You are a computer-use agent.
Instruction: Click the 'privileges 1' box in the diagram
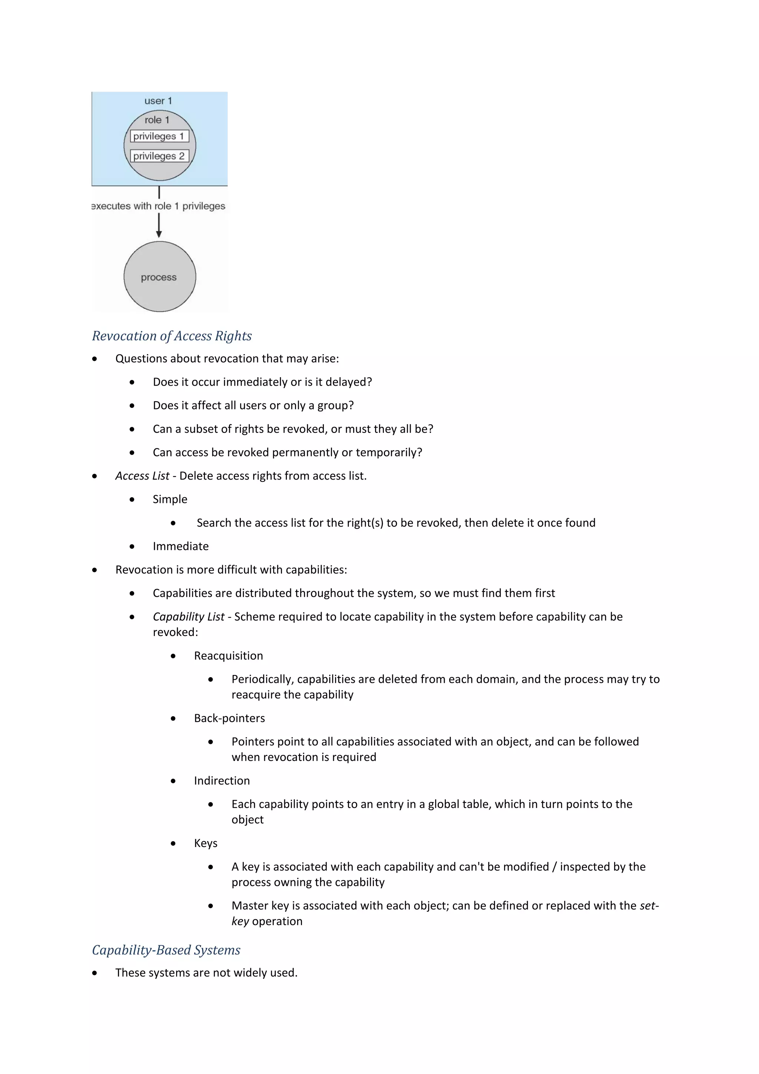(x=159, y=136)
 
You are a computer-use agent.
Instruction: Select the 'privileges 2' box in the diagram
(x=159, y=156)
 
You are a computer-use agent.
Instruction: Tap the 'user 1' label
(x=158, y=101)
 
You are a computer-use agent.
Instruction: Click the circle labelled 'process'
(x=159, y=277)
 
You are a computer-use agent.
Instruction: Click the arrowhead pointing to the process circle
(x=159, y=234)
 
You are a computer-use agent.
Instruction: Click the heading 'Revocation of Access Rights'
(x=172, y=336)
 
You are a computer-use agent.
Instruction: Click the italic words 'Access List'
(x=142, y=476)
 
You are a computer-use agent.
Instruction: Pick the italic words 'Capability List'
(x=188, y=616)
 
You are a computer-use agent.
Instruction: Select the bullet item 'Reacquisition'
(x=228, y=656)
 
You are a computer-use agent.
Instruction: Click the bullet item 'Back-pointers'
(x=229, y=718)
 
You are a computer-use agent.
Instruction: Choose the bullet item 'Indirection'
(x=222, y=781)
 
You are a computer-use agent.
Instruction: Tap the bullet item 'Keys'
(x=206, y=843)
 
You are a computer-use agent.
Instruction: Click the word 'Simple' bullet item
(x=170, y=499)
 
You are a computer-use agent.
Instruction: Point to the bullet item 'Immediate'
(x=180, y=546)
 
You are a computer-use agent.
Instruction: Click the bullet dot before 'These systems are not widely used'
(x=95, y=973)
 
